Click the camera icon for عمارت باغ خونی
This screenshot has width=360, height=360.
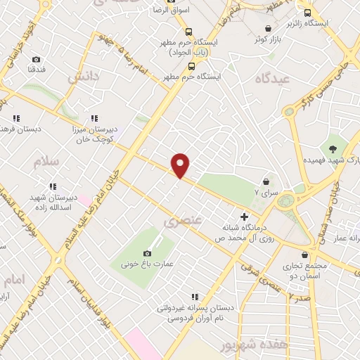(147, 253)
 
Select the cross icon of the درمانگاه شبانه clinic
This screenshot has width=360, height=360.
(245, 216)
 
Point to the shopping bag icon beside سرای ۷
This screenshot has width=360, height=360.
(265, 181)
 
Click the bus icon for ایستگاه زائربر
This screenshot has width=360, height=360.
(307, 13)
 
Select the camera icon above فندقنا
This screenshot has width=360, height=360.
(36, 60)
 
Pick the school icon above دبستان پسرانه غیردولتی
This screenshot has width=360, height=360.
(195, 296)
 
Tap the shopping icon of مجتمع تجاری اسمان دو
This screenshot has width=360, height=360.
(304, 255)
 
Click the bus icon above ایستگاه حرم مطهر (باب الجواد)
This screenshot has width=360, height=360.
(188, 31)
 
